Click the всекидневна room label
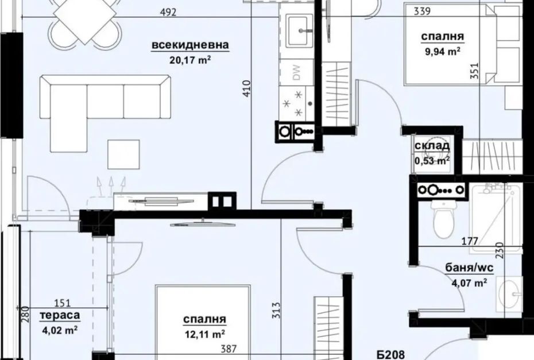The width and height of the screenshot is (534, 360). pos(190,45)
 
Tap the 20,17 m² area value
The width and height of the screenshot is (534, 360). pos(190,60)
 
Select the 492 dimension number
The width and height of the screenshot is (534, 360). pos(169,13)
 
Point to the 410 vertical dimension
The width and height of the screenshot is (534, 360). pos(247,88)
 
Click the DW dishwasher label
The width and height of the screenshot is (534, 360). pos(297,72)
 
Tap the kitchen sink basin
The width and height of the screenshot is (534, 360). pos(299,30)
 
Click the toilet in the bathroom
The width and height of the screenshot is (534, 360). pos(443,219)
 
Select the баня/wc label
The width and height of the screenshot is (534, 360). pos(469,268)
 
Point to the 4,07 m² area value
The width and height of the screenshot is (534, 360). pos(469,282)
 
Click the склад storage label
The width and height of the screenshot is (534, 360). pos(432,146)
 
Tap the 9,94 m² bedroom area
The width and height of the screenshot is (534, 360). pos(443,52)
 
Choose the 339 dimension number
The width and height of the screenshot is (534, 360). pos(422,11)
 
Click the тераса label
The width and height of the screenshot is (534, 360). pos(60,315)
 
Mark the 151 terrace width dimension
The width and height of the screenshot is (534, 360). pos(63,303)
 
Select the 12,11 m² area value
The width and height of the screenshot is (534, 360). pos(204,335)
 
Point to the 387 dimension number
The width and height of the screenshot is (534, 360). pos(229,349)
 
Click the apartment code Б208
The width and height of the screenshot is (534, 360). pos(390,355)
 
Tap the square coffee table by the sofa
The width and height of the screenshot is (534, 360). pos(123,154)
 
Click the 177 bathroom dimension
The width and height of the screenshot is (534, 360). pos(470,241)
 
